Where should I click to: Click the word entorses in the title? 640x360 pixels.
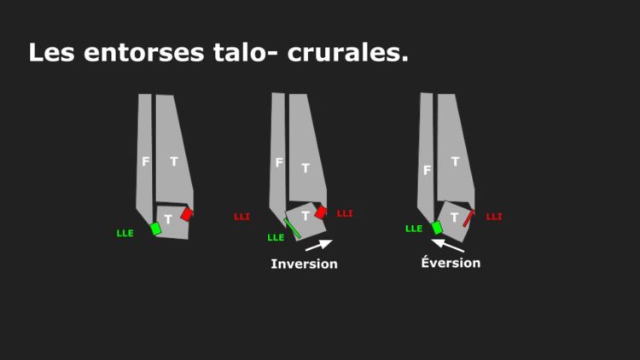pos(143,53)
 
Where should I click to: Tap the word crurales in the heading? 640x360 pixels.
pos(348,53)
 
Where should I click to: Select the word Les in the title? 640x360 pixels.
pos(51,53)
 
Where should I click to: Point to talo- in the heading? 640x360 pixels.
pos(244,53)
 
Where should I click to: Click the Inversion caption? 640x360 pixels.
pos(305,264)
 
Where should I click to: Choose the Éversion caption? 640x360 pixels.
pos(451,262)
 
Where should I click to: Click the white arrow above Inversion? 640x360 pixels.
pos(319,245)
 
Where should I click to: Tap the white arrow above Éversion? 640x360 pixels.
pos(448,246)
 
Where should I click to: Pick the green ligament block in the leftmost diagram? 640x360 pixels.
pos(155,229)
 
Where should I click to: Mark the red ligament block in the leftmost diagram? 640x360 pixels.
pos(187,214)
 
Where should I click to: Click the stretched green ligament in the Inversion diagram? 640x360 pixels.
pos(292,229)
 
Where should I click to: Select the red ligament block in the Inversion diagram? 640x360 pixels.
pos(321,212)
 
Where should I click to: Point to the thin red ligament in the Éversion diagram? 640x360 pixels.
pos(468,218)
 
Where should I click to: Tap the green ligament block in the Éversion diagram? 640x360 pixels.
pos(437,228)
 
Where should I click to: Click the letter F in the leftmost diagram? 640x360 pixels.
pos(145,161)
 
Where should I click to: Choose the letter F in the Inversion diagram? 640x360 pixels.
pos(279,163)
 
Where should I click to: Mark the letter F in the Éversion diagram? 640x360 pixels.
pos(427,170)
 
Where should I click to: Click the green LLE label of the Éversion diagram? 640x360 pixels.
pos(414,229)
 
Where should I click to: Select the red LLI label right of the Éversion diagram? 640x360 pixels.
pos(494,217)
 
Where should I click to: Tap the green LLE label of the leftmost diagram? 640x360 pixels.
pos(125,234)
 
